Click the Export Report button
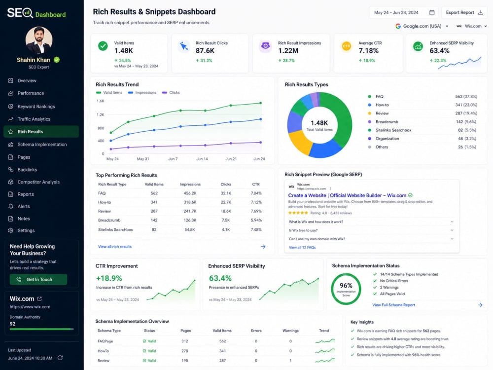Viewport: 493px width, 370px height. tap(464, 13)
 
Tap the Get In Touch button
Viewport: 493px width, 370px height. tap(38, 279)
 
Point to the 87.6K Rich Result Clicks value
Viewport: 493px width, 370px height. tap(205, 51)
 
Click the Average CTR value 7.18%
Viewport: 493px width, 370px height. tap(368, 51)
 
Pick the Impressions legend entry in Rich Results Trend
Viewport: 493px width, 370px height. tap(142, 93)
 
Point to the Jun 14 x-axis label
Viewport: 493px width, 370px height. tap(202, 159)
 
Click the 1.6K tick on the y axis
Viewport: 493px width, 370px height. tap(100, 101)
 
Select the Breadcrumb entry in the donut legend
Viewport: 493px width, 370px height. tap(387, 122)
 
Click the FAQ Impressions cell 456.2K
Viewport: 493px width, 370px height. tap(190, 193)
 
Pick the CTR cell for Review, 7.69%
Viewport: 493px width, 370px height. tap(256, 211)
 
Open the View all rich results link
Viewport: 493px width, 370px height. tap(115, 247)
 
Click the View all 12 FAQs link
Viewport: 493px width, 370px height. tap(302, 248)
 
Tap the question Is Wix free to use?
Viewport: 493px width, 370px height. tap(303, 230)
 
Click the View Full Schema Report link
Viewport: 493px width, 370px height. tap(393, 305)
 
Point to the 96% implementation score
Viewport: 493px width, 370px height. tap(346, 285)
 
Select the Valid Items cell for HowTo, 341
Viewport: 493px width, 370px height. tap(222, 351)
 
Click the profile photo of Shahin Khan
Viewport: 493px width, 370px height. tap(39, 40)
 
